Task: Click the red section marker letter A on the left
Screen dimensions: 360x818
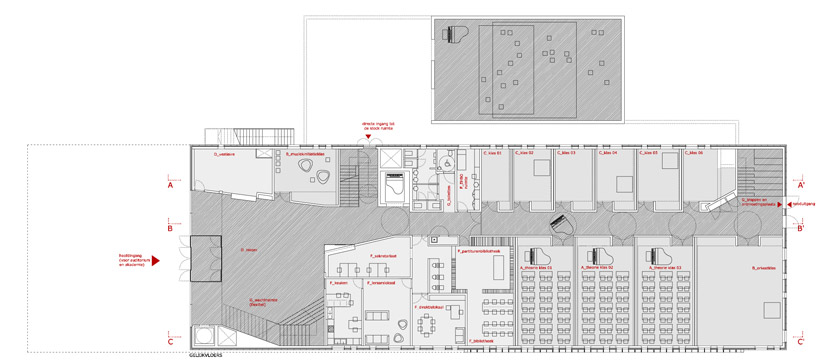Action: pos(171,185)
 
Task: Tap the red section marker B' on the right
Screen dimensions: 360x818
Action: pos(802,228)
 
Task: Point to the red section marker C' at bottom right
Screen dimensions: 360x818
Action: pos(802,341)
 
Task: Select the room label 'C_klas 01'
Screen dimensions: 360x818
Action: pos(492,153)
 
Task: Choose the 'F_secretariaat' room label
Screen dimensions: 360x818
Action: pos(343,255)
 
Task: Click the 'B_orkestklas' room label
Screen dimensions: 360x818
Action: pos(764,267)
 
